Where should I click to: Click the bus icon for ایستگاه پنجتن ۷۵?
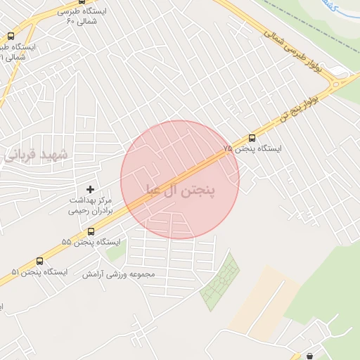tap(252, 138)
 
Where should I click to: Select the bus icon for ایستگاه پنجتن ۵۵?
tap(91, 231)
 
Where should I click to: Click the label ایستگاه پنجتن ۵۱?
tap(39, 271)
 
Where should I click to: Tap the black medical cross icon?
tap(89, 189)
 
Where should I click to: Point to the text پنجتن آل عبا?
tap(180, 190)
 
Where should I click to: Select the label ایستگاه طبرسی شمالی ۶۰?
tap(70, 16)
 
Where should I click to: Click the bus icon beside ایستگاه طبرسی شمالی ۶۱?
tap(11, 36)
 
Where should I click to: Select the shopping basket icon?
tap(309, 356)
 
